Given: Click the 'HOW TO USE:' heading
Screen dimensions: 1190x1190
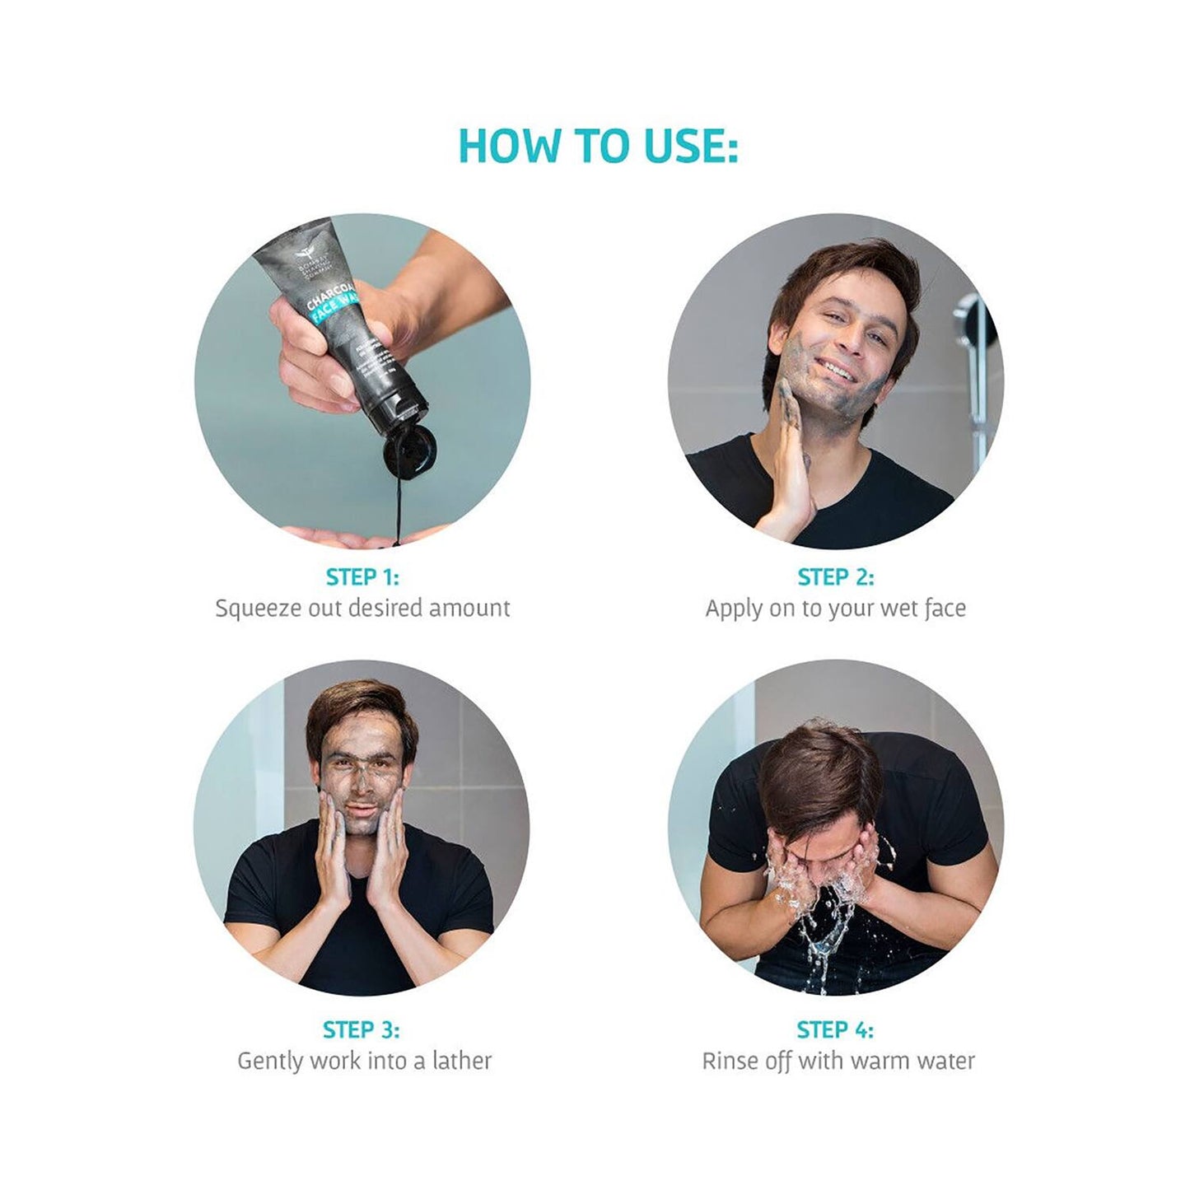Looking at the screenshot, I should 597,146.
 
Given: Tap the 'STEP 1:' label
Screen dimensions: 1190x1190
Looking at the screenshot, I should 362,577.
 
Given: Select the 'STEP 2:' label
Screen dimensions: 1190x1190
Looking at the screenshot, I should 835,577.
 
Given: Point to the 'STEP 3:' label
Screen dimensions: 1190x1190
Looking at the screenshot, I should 361,1029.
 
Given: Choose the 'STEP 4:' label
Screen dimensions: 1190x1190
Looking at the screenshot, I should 835,1029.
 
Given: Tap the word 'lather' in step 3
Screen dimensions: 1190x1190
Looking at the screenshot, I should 462,1061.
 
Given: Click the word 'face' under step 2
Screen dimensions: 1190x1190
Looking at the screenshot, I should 945,609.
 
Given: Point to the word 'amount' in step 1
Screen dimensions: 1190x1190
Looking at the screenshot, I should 469,609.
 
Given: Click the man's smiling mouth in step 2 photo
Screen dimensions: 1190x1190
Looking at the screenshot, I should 836,371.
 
